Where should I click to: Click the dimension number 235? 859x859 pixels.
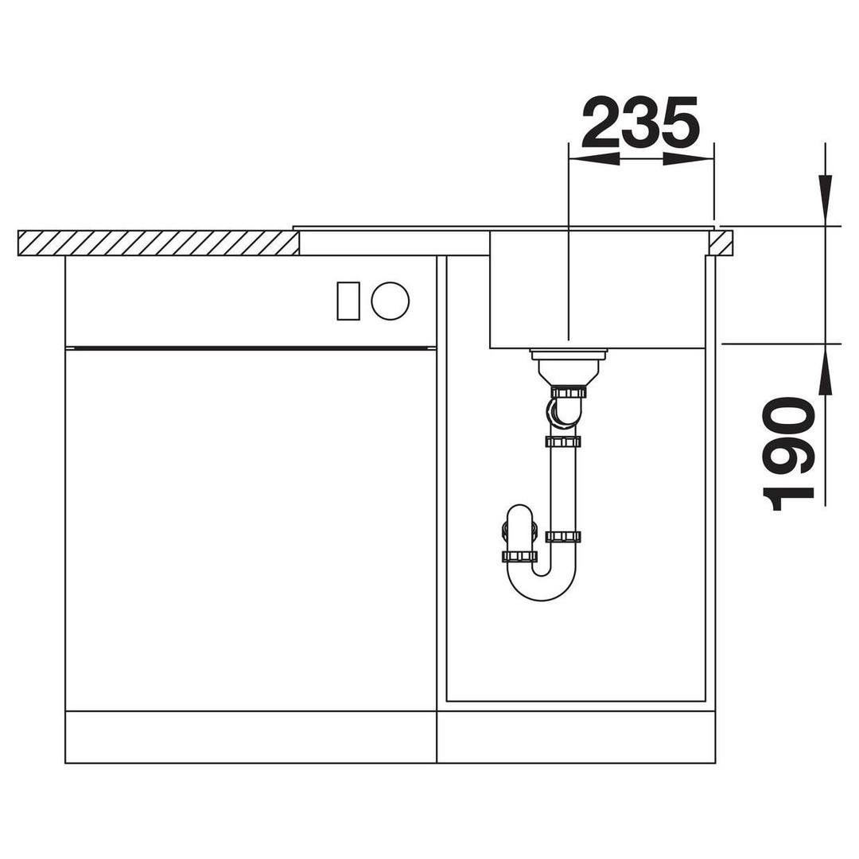[640, 122]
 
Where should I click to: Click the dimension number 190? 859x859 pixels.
[787, 454]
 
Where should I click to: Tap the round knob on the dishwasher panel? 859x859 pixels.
[390, 301]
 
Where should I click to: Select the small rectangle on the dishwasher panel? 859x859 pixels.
[348, 301]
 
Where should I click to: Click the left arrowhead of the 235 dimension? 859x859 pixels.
[594, 159]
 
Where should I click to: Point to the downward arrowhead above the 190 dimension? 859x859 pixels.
[825, 200]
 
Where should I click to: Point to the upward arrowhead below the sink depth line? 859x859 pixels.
[825, 369]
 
